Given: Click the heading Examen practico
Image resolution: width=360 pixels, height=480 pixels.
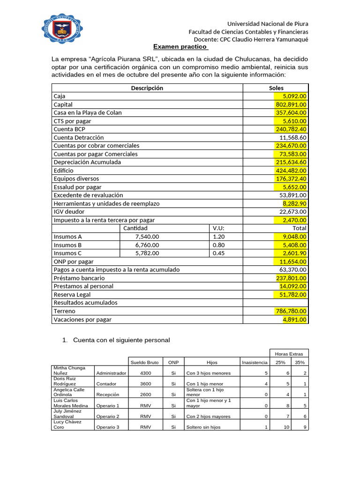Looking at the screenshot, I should coord(180,47).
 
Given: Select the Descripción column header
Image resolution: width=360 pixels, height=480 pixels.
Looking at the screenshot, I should coord(147,88).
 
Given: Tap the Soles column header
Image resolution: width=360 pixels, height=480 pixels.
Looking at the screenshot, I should coord(276,88).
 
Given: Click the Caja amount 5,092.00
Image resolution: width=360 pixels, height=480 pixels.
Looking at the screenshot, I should coord(291,96).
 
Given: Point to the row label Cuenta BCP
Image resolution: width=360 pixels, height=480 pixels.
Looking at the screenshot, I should coord(69,129).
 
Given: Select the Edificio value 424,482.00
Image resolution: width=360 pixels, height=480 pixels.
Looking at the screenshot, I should coord(291,171).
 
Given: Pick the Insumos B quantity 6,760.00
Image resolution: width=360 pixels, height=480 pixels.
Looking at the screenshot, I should coord(147,245).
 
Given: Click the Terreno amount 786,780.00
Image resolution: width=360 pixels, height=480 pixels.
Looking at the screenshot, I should coord(291,311).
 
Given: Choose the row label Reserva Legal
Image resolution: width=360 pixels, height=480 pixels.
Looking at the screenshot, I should coord(72,295).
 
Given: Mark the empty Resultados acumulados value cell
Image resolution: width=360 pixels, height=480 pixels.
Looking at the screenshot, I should coord(275,303).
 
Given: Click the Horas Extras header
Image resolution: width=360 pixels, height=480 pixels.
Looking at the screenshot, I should coord(289,353).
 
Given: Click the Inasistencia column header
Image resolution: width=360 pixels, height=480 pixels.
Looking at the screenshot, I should coord(255,362).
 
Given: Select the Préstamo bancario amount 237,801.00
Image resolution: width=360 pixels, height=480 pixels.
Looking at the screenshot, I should coord(291,278).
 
